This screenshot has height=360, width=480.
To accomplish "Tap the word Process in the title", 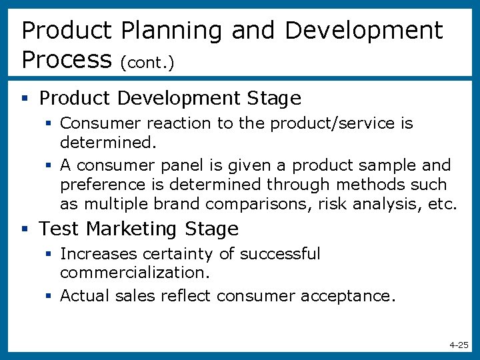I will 66,60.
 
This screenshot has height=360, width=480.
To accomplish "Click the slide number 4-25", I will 459,345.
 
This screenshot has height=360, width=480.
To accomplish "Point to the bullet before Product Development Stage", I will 25,99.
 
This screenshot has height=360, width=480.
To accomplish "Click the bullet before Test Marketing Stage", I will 25,229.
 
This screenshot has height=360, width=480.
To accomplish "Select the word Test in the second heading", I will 59,229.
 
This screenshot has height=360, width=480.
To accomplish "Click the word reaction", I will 173,123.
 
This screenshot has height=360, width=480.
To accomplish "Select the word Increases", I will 91,254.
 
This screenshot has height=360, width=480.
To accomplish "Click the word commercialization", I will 135,273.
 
